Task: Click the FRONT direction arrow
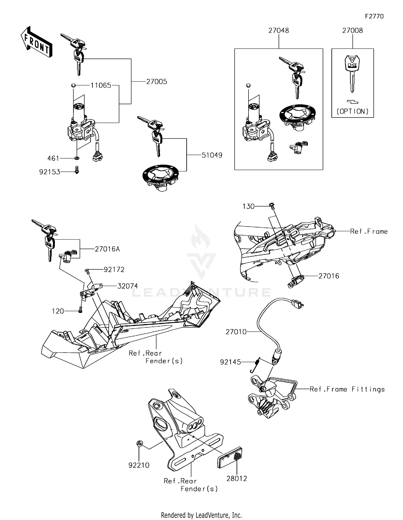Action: pyautogui.click(x=36, y=42)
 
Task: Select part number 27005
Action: pyautogui.click(x=156, y=82)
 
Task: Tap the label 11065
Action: pyautogui.click(x=101, y=85)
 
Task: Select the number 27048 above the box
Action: pyautogui.click(x=279, y=31)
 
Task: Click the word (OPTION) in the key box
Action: pyautogui.click(x=352, y=111)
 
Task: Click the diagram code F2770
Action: pyautogui.click(x=374, y=16)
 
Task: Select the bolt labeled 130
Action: pyautogui.click(x=271, y=206)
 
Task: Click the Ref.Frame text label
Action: pyautogui.click(x=369, y=232)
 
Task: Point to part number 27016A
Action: pyautogui.click(x=107, y=249)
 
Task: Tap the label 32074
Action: pyautogui.click(x=128, y=286)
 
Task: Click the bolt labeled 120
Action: pyautogui.click(x=80, y=310)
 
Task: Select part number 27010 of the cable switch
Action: pyautogui.click(x=236, y=332)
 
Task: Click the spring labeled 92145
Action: pyautogui.click(x=256, y=365)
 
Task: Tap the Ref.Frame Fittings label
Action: pyautogui.click(x=347, y=389)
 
